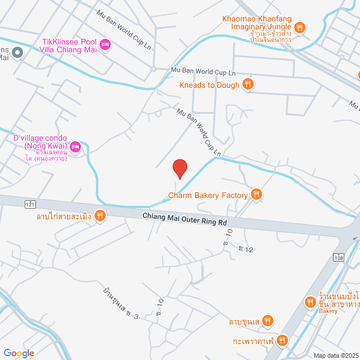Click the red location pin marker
coord(179,169)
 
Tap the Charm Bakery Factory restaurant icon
coord(256,195)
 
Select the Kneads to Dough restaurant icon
coord(248,85)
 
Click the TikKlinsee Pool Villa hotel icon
coord(105,44)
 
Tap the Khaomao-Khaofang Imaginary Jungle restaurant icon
coord(300,27)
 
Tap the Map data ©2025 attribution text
coord(336,355)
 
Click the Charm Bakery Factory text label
coord(208,196)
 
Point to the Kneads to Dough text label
coord(210,85)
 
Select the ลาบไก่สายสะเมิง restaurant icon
coord(100,214)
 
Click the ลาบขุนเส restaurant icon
coord(268,322)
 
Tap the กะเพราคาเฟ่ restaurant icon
coord(282,340)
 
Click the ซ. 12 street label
coord(246,248)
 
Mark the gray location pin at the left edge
coord(17,53)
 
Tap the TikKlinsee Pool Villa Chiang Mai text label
coord(70,46)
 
